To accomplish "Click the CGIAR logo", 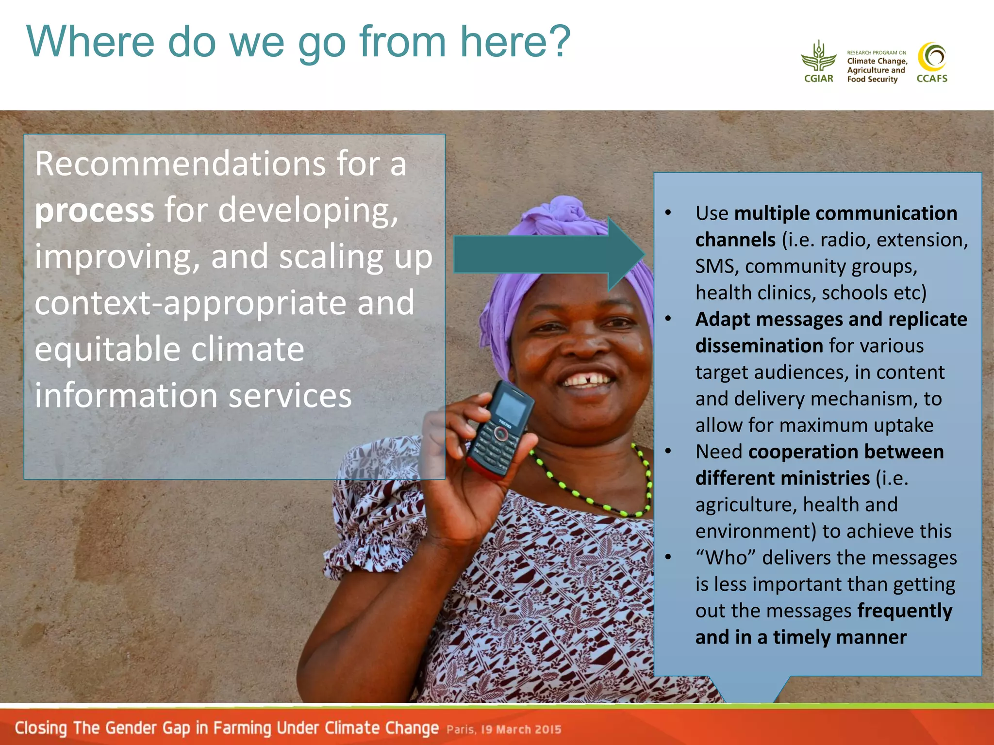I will [819, 62].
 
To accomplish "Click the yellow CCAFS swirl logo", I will [932, 58].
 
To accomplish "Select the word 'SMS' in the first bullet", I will [714, 266].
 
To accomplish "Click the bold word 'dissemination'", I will [759, 346].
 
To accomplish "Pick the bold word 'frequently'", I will [905, 611].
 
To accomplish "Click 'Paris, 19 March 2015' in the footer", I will [504, 729].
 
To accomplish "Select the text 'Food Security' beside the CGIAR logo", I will [872, 79].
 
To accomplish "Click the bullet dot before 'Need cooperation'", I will [668, 452].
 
